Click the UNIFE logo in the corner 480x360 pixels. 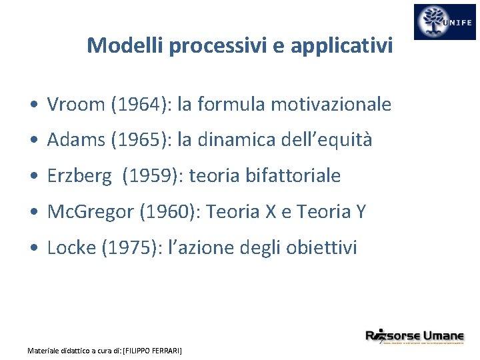click(x=445, y=22)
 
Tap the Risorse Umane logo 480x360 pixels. click(x=415, y=337)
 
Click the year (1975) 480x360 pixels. click(x=128, y=248)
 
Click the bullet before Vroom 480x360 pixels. click(x=33, y=105)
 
